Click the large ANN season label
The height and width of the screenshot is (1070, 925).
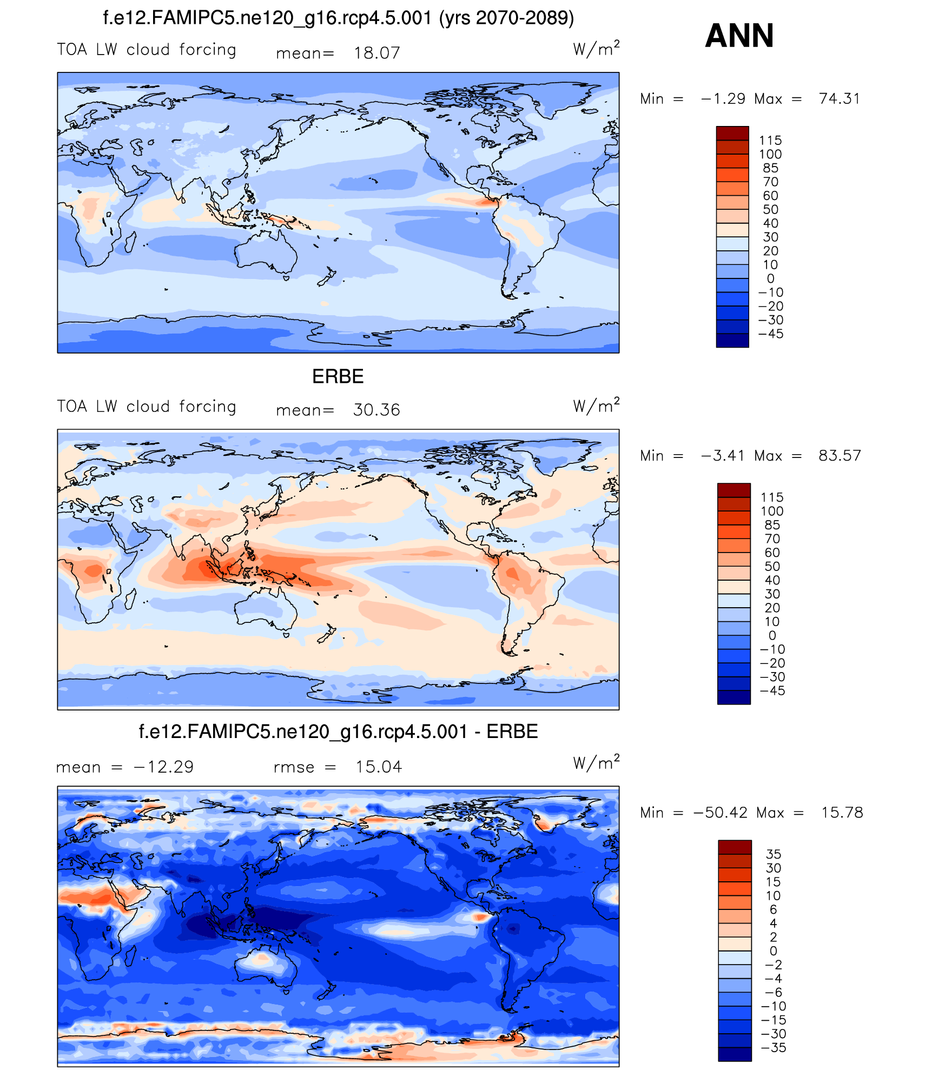point(739,36)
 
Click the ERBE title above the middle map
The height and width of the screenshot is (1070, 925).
point(338,376)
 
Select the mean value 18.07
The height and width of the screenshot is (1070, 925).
point(376,53)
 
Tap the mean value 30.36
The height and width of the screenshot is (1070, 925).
point(376,410)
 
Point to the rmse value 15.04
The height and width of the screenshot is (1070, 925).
point(379,767)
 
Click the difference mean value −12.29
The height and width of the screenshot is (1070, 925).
point(163,767)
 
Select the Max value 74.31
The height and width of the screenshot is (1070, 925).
point(839,98)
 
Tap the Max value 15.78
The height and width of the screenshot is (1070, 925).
point(842,812)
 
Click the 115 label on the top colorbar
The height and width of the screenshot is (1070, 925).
point(770,141)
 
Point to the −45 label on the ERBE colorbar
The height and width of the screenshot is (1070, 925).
point(772,690)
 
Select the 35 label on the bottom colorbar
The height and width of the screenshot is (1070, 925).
point(774,854)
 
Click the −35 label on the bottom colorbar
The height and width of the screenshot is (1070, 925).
point(773,1047)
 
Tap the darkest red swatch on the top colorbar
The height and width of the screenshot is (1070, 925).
point(732,133)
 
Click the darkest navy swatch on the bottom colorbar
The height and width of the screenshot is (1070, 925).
point(735,1054)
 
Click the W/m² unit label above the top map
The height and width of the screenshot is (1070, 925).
point(596,49)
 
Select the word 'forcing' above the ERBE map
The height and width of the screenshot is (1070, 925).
point(208,407)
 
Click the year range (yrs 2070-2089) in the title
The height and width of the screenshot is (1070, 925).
point(506,18)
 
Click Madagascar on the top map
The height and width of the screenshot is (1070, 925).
point(130,242)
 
